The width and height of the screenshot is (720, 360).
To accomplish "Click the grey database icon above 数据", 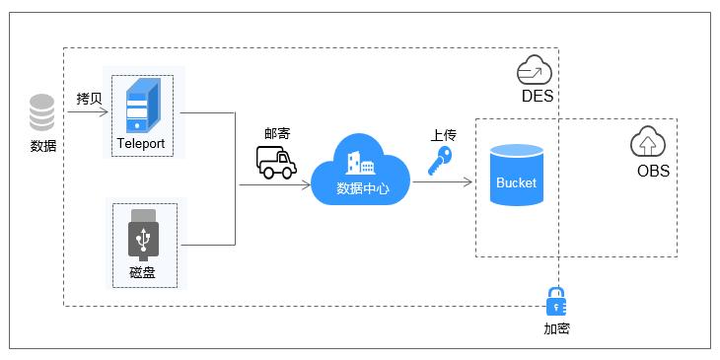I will [x=42, y=112].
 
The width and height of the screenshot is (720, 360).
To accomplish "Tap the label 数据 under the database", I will [x=42, y=146].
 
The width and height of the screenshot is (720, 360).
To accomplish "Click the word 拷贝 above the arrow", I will [x=90, y=99].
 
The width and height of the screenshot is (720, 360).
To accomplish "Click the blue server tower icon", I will [x=143, y=107].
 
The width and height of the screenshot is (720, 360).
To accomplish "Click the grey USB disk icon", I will [x=143, y=237].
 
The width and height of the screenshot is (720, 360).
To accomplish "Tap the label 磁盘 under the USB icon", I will [x=143, y=273].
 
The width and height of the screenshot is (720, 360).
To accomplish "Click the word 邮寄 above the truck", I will [x=277, y=133].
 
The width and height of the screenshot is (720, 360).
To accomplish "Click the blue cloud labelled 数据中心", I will [x=360, y=173].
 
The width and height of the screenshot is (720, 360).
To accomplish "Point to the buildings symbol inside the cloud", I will [x=359, y=162].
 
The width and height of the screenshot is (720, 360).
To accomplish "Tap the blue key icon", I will [x=440, y=162].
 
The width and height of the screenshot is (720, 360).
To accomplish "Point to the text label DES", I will [x=536, y=97].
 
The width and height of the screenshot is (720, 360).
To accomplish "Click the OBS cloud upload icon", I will [x=648, y=143].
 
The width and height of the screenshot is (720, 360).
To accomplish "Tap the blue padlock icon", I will [x=556, y=301].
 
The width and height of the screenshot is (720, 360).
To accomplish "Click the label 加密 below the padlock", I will [x=556, y=328].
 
